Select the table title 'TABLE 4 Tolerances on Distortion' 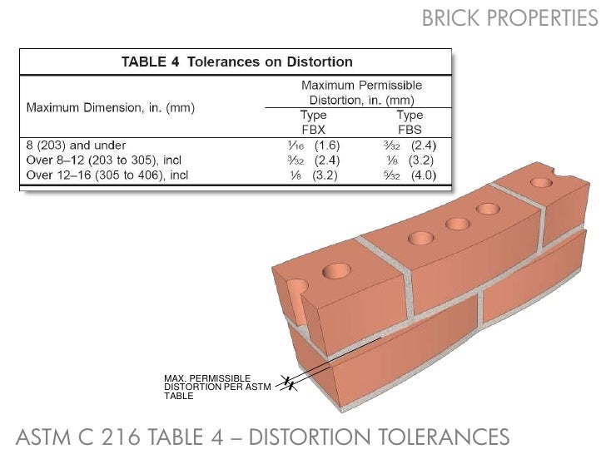point(237,62)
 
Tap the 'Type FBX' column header point(313,122)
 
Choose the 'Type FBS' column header point(410,122)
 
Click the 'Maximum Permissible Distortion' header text point(361,92)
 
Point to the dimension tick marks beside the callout point(286,383)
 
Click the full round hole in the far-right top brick point(542,183)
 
